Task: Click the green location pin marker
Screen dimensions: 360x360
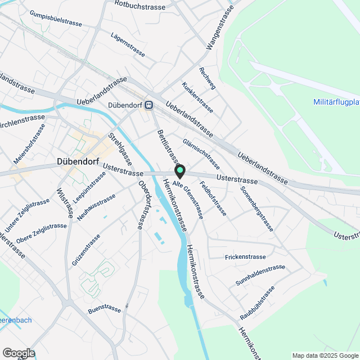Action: click(x=180, y=170)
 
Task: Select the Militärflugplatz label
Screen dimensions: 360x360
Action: click(x=336, y=102)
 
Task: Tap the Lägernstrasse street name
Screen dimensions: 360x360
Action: click(x=128, y=44)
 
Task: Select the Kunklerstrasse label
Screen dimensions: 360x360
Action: click(x=197, y=97)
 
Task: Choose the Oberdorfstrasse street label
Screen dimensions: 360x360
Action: click(x=145, y=204)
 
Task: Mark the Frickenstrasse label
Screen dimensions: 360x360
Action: click(x=245, y=257)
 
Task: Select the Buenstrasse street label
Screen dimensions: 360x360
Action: click(x=105, y=309)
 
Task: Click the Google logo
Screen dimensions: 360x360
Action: click(x=18, y=353)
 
